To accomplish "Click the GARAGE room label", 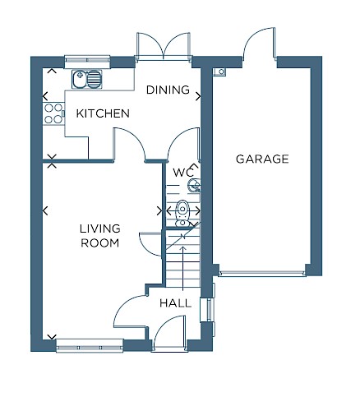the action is (262, 159).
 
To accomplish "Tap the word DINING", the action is (168, 90).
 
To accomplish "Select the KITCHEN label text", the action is (103, 113).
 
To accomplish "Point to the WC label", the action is (183, 173).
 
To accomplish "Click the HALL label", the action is (175, 303).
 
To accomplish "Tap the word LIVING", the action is (100, 229).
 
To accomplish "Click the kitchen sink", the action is (87, 79).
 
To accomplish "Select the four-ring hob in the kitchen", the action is (53, 113).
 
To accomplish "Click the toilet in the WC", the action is (182, 214).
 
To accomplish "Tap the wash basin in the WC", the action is (195, 185).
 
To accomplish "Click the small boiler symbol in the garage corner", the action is (220, 72).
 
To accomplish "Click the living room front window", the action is (90, 347).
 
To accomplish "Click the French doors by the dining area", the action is (164, 46).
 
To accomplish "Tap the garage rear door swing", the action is (259, 43).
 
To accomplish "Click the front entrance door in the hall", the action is (169, 332).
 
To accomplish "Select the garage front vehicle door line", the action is (262, 273).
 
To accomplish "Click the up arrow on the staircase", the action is (183, 268).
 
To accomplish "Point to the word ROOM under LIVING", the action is (100, 243).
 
